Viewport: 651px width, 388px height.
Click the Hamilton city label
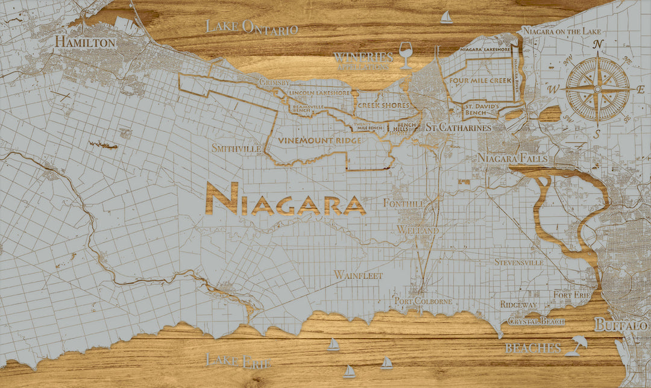point(85,42)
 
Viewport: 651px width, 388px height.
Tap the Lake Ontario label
point(251,27)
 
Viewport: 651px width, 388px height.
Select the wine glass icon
point(406,55)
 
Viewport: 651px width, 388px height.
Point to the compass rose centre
point(597,89)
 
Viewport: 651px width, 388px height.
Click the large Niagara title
point(285,199)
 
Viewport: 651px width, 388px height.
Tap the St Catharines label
point(458,128)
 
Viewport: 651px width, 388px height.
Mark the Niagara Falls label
point(512,158)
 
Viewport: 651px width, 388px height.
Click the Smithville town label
point(236,148)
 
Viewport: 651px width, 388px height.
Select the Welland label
point(418,230)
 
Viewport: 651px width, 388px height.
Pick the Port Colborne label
point(423,301)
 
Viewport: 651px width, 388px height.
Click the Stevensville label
point(518,263)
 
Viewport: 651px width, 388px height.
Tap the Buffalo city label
point(621,325)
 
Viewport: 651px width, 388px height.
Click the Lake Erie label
point(238,361)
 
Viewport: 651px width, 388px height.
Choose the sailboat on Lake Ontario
point(446,17)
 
